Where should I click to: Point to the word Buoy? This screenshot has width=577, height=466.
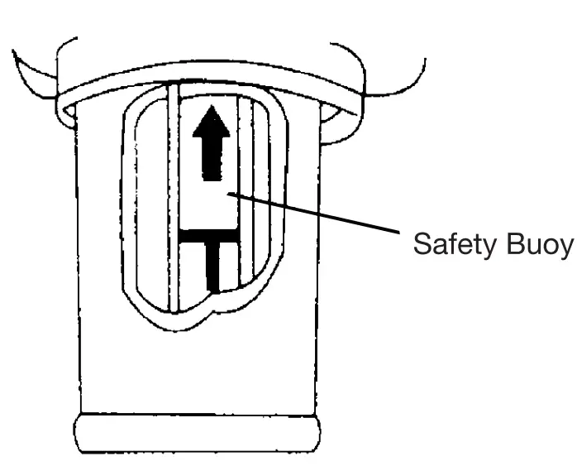(x=537, y=246)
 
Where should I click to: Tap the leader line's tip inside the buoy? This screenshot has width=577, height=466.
(x=234, y=195)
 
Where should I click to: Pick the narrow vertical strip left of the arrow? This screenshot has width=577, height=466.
(x=174, y=199)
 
